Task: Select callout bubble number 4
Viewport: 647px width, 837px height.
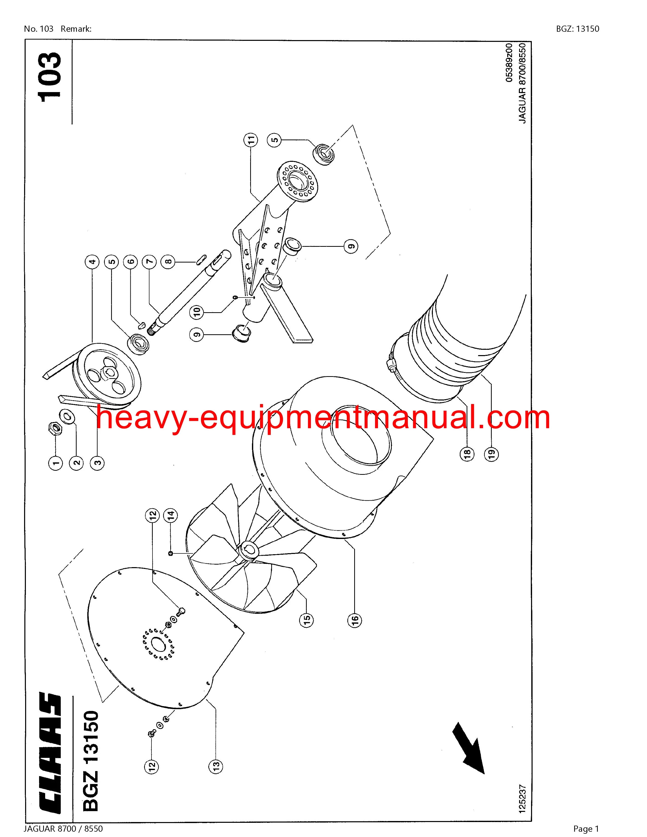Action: [92, 263]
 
